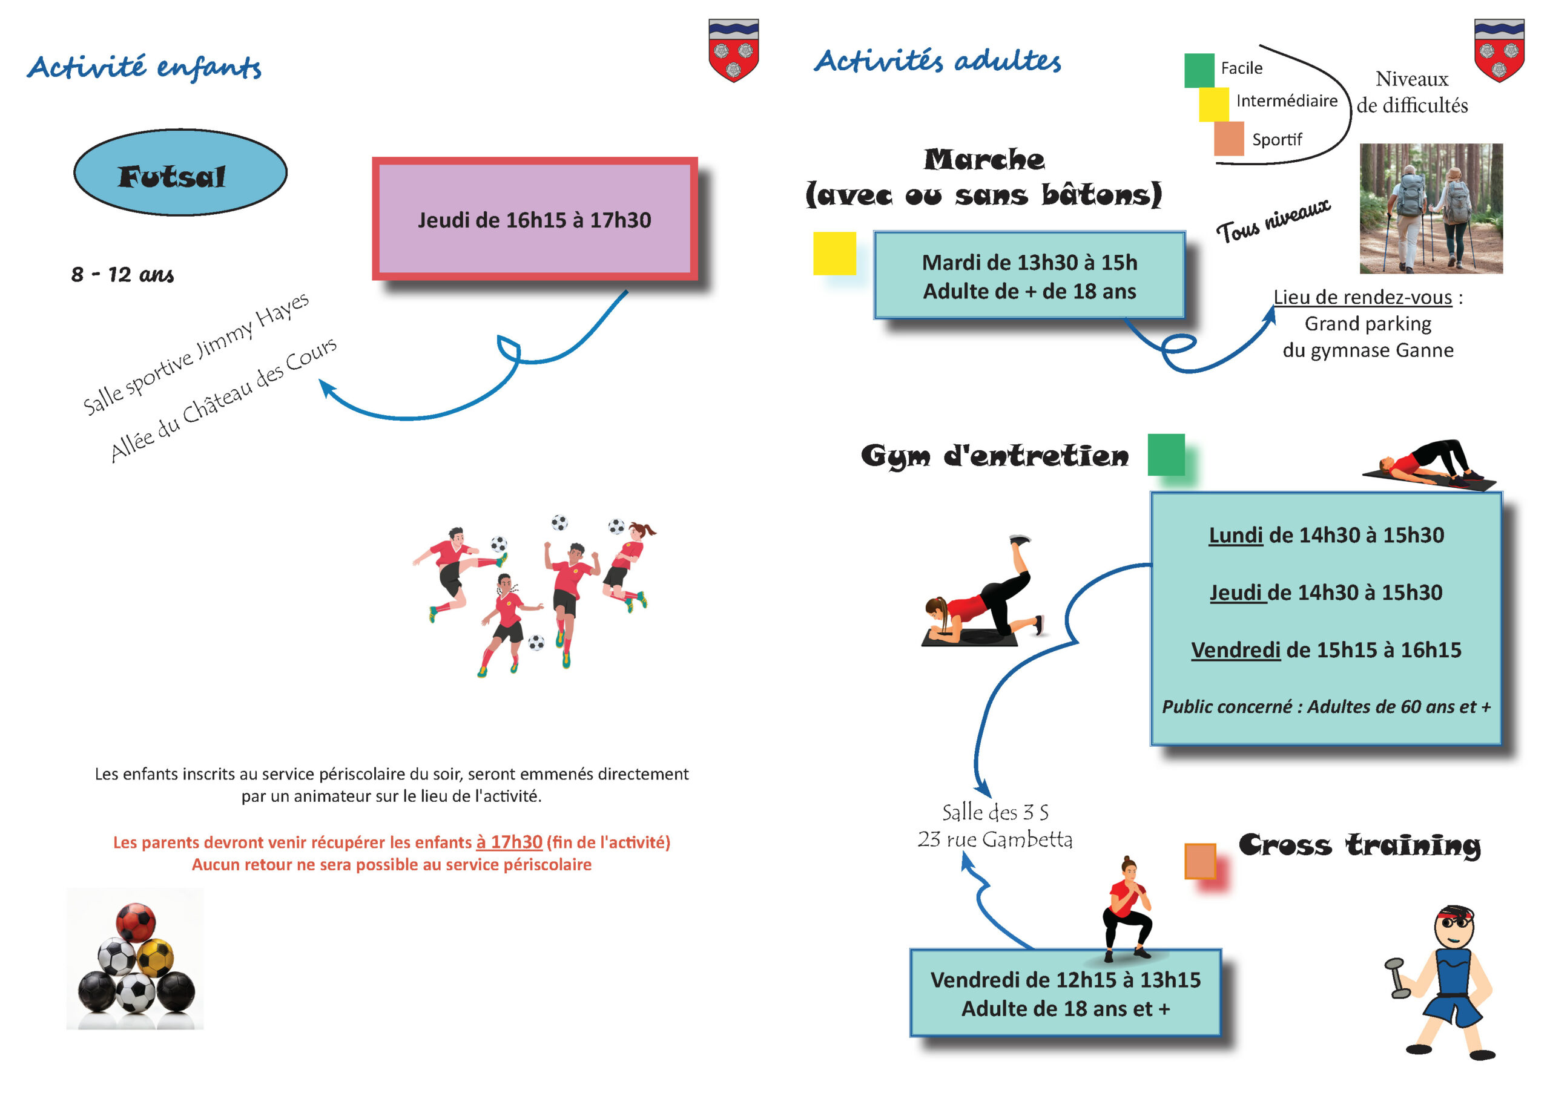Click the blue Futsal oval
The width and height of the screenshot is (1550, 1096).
(x=180, y=172)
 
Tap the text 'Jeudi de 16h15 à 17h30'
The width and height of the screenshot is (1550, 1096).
(x=534, y=220)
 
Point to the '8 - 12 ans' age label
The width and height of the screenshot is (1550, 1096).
(x=122, y=274)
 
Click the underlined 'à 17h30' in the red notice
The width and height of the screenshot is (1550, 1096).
(x=509, y=842)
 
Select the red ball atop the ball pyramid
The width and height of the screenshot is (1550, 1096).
(x=135, y=922)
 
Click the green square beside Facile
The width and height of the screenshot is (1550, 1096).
(x=1199, y=71)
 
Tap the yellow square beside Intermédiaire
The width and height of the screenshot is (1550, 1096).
(x=1214, y=105)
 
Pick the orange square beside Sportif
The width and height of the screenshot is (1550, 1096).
(x=1228, y=139)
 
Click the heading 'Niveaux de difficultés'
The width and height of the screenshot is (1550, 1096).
(x=1413, y=92)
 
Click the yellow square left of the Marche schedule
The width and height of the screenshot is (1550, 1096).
(x=834, y=253)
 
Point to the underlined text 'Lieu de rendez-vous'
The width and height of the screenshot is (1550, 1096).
(x=1362, y=297)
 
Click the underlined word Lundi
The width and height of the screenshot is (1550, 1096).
(x=1235, y=535)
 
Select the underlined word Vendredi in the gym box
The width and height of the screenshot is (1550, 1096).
(x=1235, y=650)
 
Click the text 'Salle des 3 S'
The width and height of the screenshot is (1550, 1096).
(x=995, y=812)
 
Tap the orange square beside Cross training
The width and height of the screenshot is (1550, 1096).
(x=1200, y=861)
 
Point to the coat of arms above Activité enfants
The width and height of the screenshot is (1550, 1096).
(x=734, y=50)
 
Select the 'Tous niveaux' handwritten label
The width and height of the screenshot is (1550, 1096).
(x=1273, y=221)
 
